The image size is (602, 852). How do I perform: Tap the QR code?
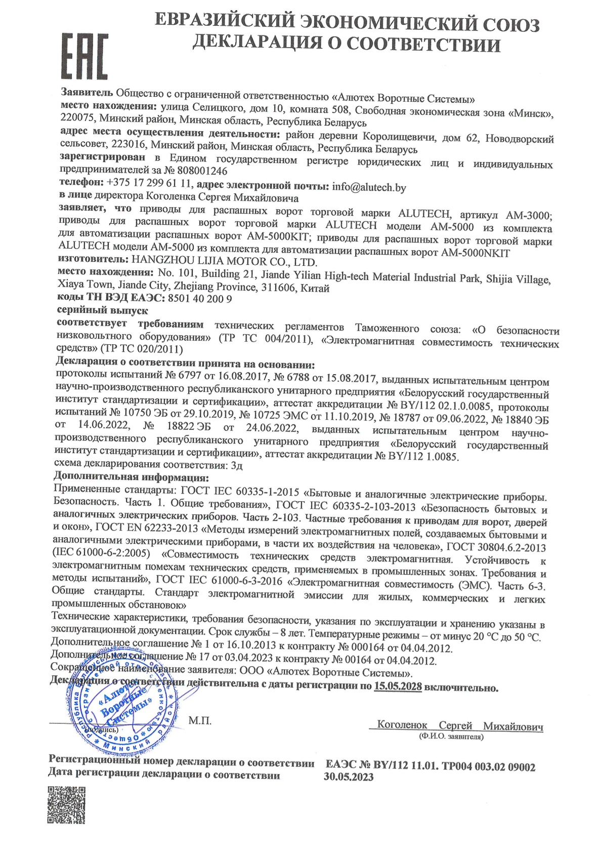pyautogui.click(x=66, y=805)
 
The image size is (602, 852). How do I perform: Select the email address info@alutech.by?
pyautogui.click(x=369, y=187)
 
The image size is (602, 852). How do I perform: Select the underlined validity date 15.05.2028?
pyautogui.click(x=398, y=687)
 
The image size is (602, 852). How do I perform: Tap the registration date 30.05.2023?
pyautogui.click(x=349, y=777)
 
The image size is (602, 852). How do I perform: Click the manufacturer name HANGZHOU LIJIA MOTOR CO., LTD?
pyautogui.click(x=224, y=262)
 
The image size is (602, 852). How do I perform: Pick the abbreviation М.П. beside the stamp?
pyautogui.click(x=200, y=720)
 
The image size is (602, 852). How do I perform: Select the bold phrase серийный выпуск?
pyautogui.click(x=103, y=310)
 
